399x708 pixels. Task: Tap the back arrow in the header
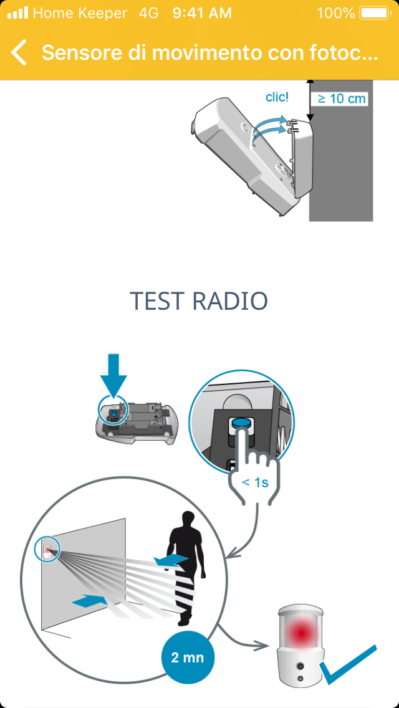[x=19, y=52]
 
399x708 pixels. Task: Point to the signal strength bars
[x=17, y=13]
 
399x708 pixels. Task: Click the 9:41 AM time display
[x=202, y=13]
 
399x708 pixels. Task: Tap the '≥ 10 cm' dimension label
[x=342, y=98]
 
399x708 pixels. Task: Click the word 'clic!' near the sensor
[x=277, y=97]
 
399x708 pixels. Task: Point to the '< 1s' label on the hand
[x=256, y=482]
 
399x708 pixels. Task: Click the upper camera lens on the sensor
[x=299, y=666]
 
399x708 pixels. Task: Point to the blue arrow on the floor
[x=90, y=601]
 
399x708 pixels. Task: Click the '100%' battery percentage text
[x=336, y=13]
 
